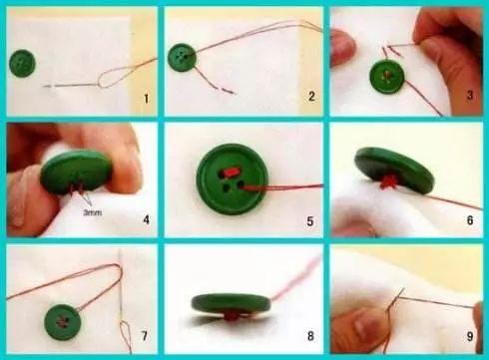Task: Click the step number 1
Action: (x=146, y=99)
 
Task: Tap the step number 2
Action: (x=311, y=97)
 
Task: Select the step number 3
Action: (x=470, y=95)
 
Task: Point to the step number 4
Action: (x=146, y=219)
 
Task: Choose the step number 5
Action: (x=310, y=221)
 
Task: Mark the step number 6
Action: (x=470, y=220)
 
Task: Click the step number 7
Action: (x=145, y=336)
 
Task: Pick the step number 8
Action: (x=310, y=336)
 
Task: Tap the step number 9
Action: (x=470, y=336)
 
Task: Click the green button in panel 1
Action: (x=22, y=63)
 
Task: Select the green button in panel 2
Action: (x=182, y=57)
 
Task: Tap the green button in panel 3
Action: (x=387, y=77)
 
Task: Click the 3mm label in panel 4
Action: (x=93, y=212)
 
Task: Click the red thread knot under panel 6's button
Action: (x=388, y=181)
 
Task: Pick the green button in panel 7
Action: (x=62, y=322)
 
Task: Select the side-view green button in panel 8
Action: (x=231, y=303)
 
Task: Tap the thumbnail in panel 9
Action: (x=368, y=324)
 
